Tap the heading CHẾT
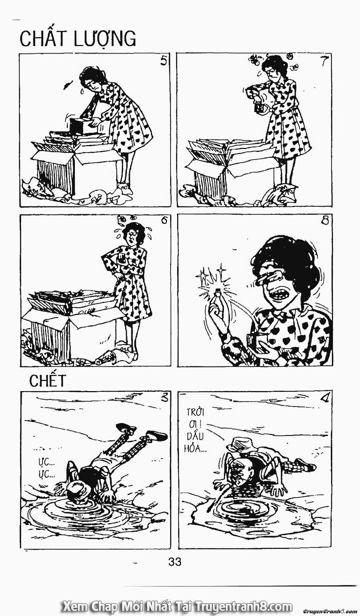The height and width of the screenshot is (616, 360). tap(48, 381)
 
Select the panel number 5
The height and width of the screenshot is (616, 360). tap(164, 62)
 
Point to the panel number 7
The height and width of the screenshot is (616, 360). tap(323, 62)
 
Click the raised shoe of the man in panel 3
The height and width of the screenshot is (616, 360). tap(126, 428)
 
